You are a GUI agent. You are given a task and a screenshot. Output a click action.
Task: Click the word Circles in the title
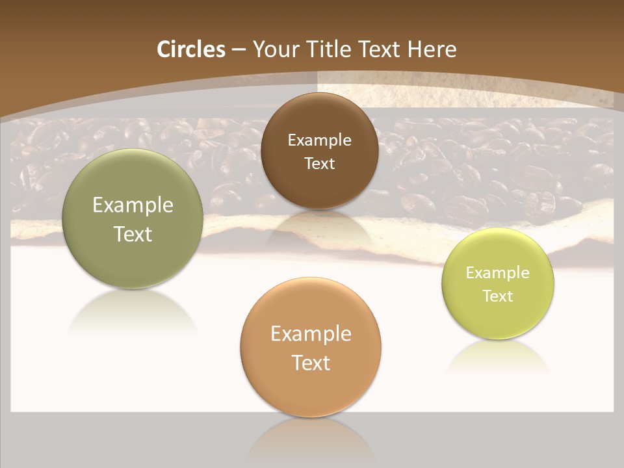(190, 49)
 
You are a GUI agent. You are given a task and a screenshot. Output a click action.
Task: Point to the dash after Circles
(239, 50)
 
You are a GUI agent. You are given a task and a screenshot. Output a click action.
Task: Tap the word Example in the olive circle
(133, 205)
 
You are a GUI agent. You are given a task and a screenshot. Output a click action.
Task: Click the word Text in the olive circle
(133, 234)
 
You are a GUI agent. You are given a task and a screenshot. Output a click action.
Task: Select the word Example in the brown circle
(319, 140)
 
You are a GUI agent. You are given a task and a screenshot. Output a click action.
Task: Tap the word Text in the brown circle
(319, 164)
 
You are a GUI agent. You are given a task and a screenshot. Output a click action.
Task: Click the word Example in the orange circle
(311, 334)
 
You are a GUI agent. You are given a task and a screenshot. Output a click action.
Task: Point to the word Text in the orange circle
(311, 363)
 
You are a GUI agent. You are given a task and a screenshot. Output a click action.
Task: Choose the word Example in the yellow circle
(498, 273)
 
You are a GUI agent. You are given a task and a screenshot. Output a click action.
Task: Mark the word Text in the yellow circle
(498, 296)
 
